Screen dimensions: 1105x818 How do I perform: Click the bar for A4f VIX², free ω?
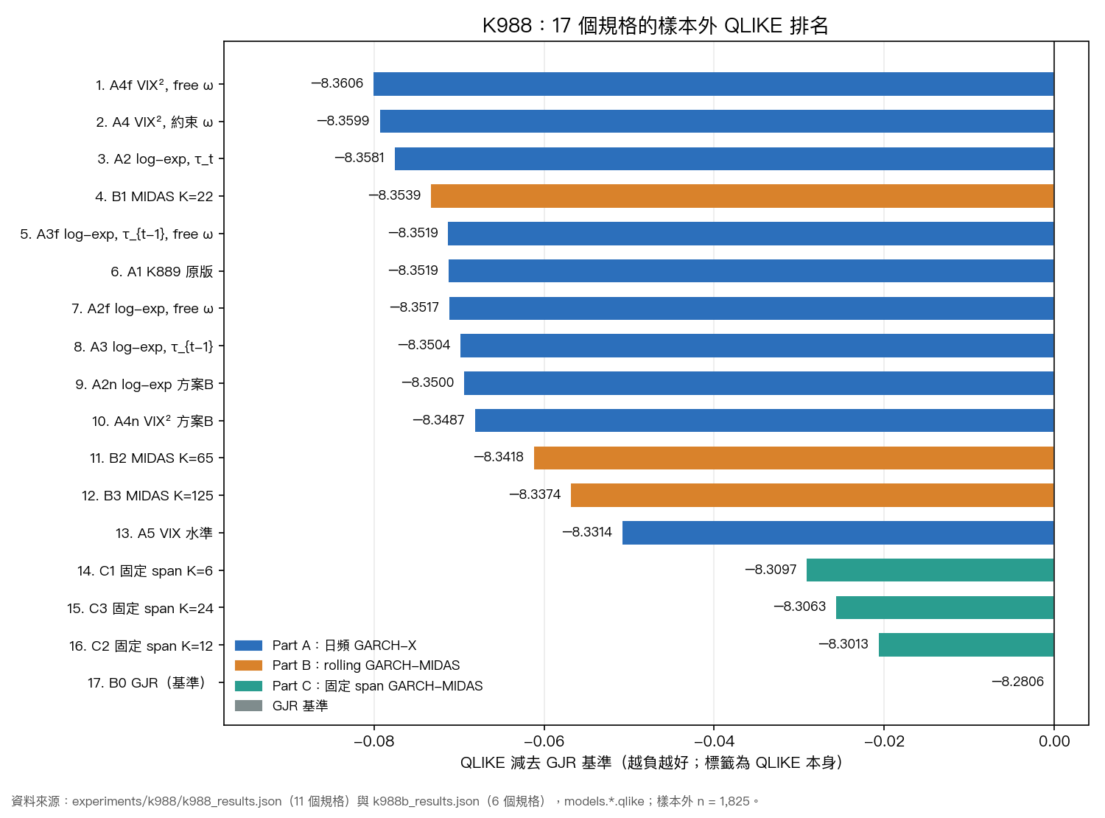713,84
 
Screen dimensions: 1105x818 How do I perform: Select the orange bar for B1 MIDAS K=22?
742,196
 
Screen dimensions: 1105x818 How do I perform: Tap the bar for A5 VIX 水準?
838,532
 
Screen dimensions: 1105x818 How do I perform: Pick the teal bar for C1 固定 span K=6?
930,570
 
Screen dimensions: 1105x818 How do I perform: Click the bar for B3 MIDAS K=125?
812,495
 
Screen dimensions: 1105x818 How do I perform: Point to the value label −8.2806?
1017,682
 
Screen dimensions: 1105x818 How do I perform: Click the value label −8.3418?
498,457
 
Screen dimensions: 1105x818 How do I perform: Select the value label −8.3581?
359,158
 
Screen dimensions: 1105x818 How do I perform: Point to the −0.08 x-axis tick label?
373,741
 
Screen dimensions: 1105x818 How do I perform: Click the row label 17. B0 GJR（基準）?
148,682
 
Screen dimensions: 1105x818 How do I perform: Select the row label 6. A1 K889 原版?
162,271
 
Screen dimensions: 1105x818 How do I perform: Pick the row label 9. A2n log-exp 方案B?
144,384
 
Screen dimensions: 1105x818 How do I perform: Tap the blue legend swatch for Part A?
248,646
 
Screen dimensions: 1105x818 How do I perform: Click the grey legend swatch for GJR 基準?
248,706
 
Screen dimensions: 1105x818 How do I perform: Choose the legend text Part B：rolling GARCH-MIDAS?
365,665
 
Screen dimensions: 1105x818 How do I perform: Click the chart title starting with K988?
655,25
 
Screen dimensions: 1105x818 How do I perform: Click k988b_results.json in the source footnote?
426,801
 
